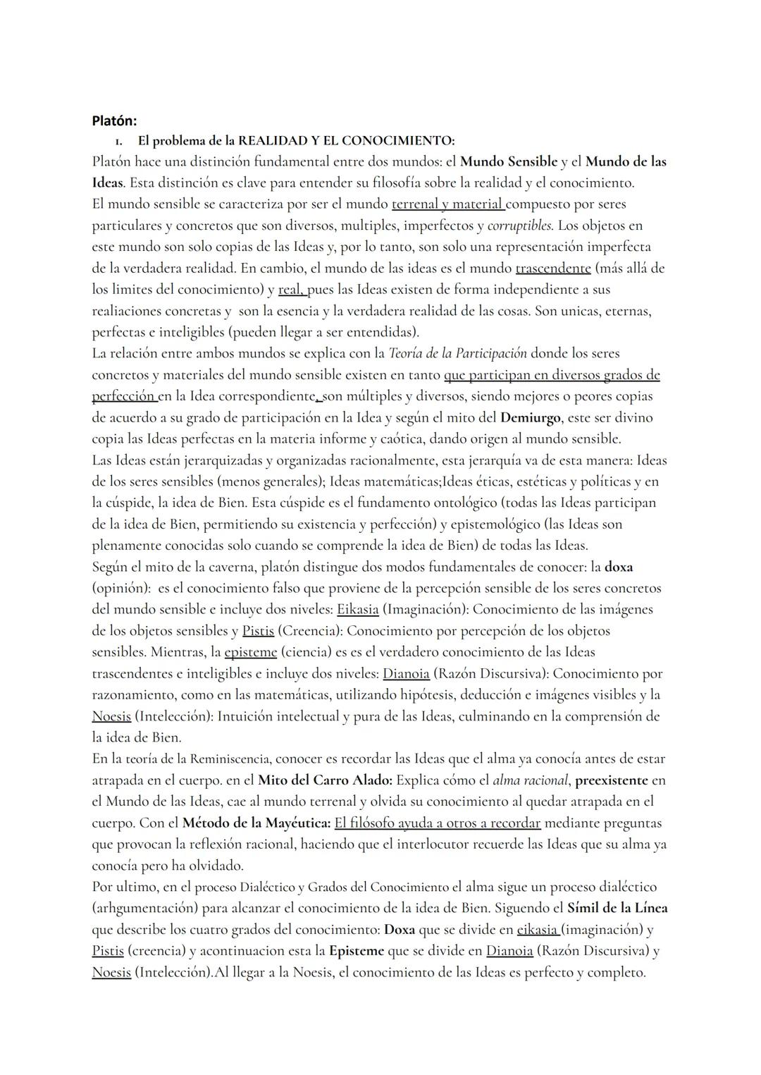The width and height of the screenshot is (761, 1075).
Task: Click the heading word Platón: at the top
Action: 114,121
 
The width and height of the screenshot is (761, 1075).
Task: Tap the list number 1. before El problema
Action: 123,140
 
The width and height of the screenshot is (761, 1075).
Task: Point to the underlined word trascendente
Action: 553,268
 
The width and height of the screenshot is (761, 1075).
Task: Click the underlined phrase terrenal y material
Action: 447,204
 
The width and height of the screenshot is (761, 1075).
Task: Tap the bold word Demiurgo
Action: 530,417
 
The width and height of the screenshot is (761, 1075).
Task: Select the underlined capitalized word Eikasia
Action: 358,609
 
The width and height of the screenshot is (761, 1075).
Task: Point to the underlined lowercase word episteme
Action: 250,652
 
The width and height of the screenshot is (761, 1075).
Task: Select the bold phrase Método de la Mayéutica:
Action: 256,823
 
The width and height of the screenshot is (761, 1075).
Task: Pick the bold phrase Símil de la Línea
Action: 617,908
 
